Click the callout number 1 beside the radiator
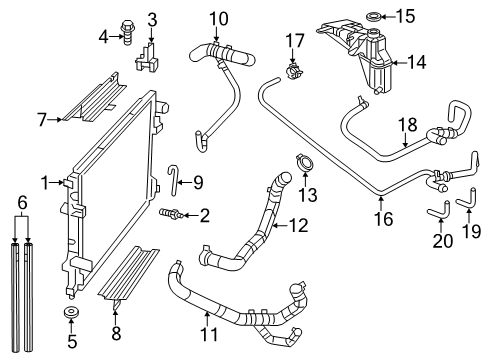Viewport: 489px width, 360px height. pyautogui.click(x=44, y=181)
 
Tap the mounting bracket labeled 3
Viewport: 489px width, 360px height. pyautogui.click(x=146, y=56)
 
